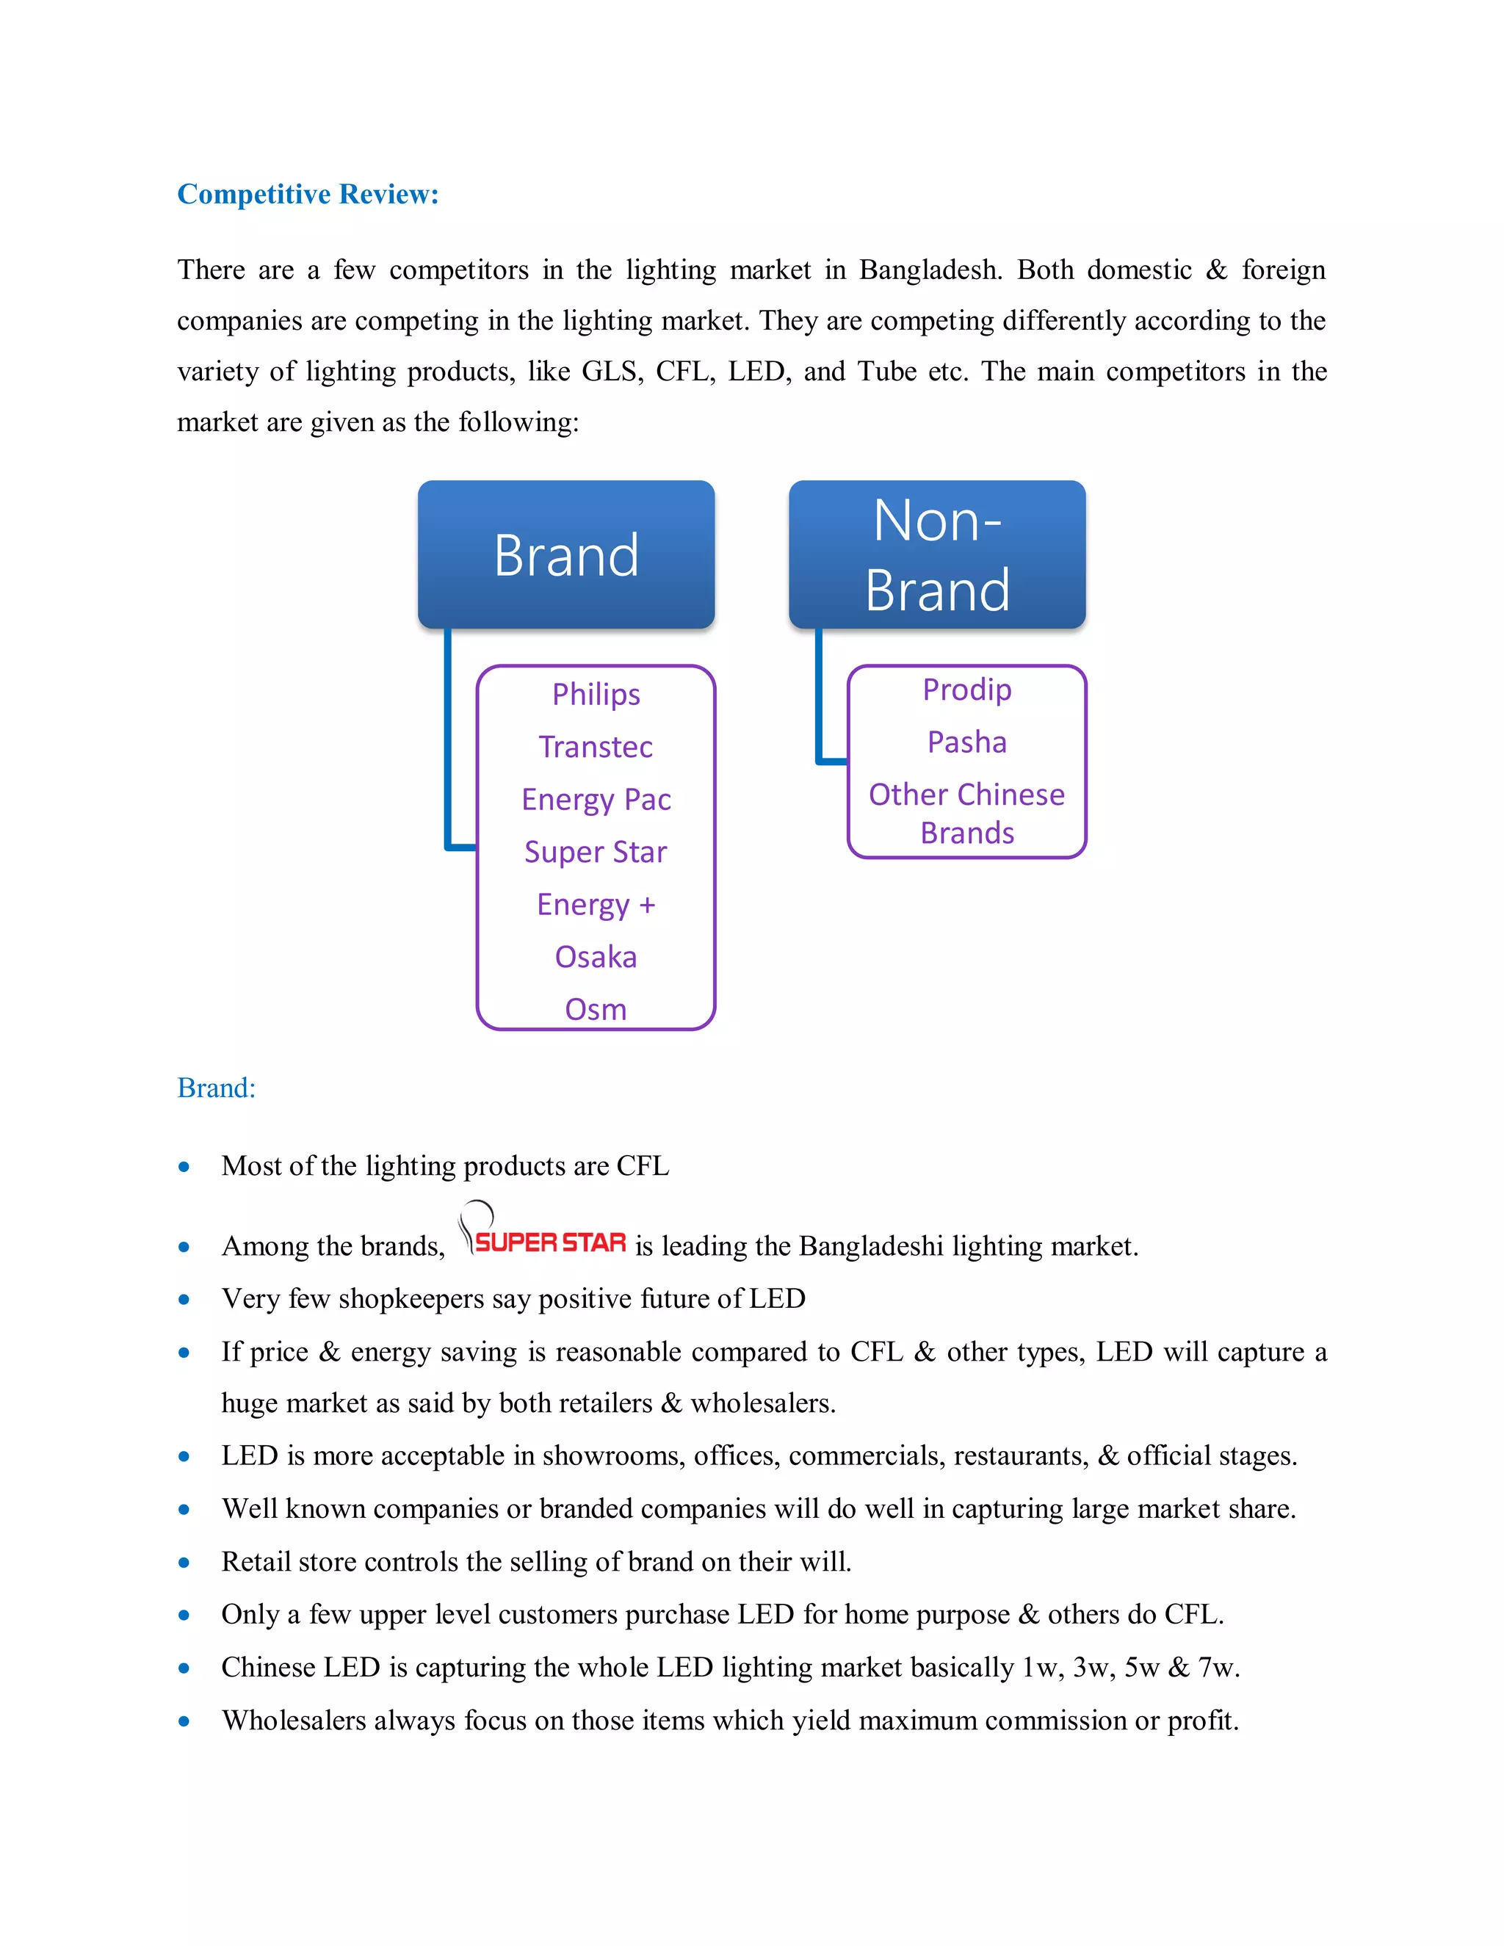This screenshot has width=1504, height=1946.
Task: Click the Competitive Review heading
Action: [x=308, y=195]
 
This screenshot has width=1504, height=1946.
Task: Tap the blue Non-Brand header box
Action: [x=936, y=555]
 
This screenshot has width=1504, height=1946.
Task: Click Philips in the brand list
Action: [x=596, y=694]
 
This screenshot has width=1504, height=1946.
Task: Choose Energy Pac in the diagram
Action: [x=596, y=799]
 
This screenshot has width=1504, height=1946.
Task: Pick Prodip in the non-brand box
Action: [x=966, y=690]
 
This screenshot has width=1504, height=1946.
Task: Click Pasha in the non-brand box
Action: [x=966, y=742]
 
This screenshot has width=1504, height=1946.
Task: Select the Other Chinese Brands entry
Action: [x=966, y=813]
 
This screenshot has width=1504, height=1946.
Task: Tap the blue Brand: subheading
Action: [x=217, y=1088]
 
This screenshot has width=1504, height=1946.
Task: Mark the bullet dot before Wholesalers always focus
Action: [x=184, y=1721]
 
